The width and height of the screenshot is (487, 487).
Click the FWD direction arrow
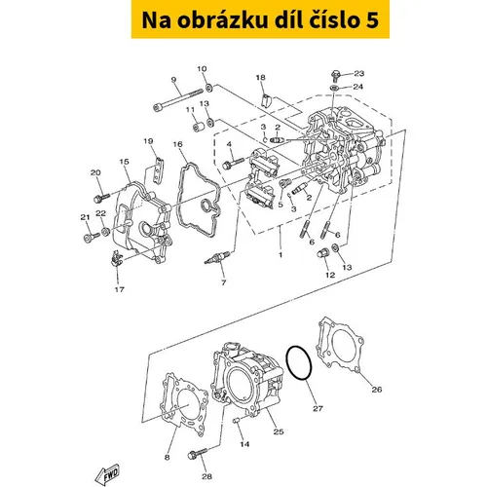tap(107, 473)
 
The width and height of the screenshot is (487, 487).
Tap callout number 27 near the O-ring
tap(318, 408)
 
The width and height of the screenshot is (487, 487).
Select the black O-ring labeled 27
tap(299, 362)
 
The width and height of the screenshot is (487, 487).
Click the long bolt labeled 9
tap(177, 99)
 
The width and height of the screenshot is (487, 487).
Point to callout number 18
tap(260, 77)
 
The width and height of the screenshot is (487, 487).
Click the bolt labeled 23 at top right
tap(335, 75)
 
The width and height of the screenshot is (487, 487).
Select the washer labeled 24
tap(334, 88)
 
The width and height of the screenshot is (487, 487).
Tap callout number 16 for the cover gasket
tap(177, 144)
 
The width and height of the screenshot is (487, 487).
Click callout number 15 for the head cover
tap(124, 162)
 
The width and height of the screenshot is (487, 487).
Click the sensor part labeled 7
tap(217, 258)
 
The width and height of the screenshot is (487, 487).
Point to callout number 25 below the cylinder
tap(279, 431)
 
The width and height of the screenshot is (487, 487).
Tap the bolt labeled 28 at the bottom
tap(198, 454)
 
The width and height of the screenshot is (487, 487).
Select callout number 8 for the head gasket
tap(167, 457)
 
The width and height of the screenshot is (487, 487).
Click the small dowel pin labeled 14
tap(237, 421)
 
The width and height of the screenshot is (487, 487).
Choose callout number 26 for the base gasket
tap(376, 389)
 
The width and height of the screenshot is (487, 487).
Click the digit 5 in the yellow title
tap(372, 20)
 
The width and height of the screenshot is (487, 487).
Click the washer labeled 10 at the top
tap(209, 87)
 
